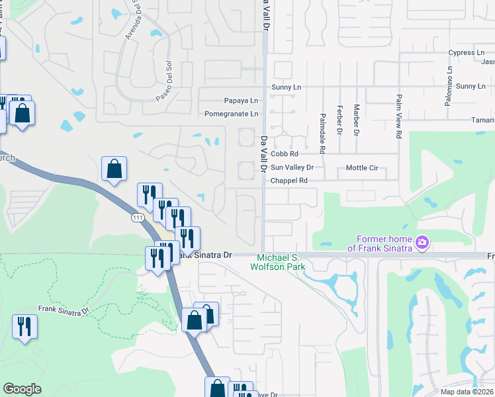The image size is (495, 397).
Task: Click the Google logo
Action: click(22, 389)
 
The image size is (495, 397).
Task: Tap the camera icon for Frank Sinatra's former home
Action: click(422, 243)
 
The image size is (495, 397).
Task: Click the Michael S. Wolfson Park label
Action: click(277, 261)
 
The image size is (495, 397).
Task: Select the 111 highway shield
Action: click(138, 218)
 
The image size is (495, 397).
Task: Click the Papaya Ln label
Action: click(240, 101)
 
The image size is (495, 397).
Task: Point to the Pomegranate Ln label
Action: click(231, 114)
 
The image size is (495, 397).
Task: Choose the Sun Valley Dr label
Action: click(292, 167)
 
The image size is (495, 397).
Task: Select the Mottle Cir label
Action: click(362, 168)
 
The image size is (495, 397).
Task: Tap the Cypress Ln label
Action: click(467, 53)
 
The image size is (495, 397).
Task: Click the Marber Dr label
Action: click(356, 120)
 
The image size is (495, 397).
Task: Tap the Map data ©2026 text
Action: click(466, 392)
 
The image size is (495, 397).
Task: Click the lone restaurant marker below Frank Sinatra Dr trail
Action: click(24, 327)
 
